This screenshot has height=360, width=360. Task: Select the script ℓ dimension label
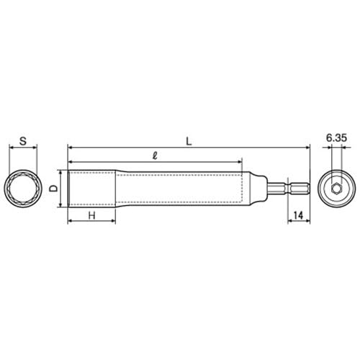point(154,154)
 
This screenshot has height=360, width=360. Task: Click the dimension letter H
point(92,215)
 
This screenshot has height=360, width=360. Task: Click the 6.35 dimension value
point(337,135)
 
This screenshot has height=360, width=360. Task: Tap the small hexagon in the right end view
point(337,189)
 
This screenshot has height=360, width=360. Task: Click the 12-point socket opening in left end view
point(23,189)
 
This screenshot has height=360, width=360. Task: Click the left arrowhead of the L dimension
point(70,148)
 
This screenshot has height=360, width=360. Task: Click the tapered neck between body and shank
point(258,189)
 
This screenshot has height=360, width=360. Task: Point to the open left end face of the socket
point(68,189)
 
